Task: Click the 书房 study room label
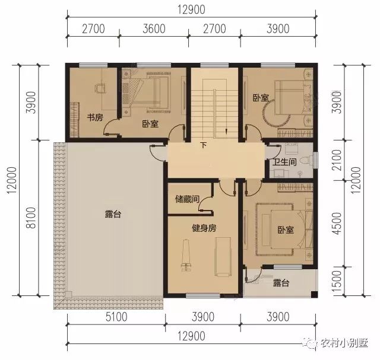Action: [x=96, y=117]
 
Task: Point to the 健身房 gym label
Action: [x=202, y=227]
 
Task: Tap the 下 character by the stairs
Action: [x=203, y=146]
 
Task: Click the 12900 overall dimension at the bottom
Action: [x=191, y=336]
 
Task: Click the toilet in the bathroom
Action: [x=304, y=160]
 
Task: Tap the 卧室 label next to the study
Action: [x=150, y=124]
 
